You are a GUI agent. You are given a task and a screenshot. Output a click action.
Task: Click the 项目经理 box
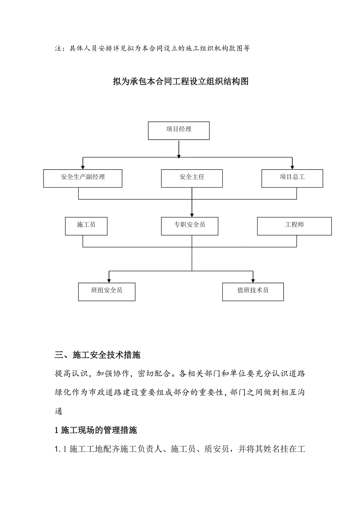click(178, 131)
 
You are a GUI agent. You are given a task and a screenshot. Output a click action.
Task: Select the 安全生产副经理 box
click(83, 178)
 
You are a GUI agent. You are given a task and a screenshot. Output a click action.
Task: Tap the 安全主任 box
click(192, 178)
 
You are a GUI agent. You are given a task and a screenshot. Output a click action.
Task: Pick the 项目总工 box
click(292, 178)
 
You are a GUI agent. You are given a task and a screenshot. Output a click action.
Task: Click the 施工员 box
click(86, 226)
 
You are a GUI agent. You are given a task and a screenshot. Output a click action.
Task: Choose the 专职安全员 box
click(189, 226)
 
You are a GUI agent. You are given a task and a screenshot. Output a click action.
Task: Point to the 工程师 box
click(294, 226)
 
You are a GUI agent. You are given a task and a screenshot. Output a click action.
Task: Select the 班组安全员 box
click(106, 292)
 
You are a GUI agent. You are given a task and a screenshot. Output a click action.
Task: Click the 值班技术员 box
click(253, 292)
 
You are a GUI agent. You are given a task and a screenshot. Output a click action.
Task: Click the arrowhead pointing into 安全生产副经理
click(83, 167)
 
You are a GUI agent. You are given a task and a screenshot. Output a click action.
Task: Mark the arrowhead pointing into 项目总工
click(292, 167)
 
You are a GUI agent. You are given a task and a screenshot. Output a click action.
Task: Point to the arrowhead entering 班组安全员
click(109, 280)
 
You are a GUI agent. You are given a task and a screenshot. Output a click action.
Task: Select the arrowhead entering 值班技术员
click(253, 280)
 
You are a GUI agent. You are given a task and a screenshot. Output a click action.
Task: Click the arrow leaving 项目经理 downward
click(179, 149)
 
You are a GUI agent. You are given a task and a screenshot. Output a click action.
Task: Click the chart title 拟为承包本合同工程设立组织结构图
click(180, 82)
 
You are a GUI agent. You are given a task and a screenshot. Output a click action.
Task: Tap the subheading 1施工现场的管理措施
click(96, 430)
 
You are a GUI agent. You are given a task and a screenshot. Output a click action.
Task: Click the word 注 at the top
click(58, 49)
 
